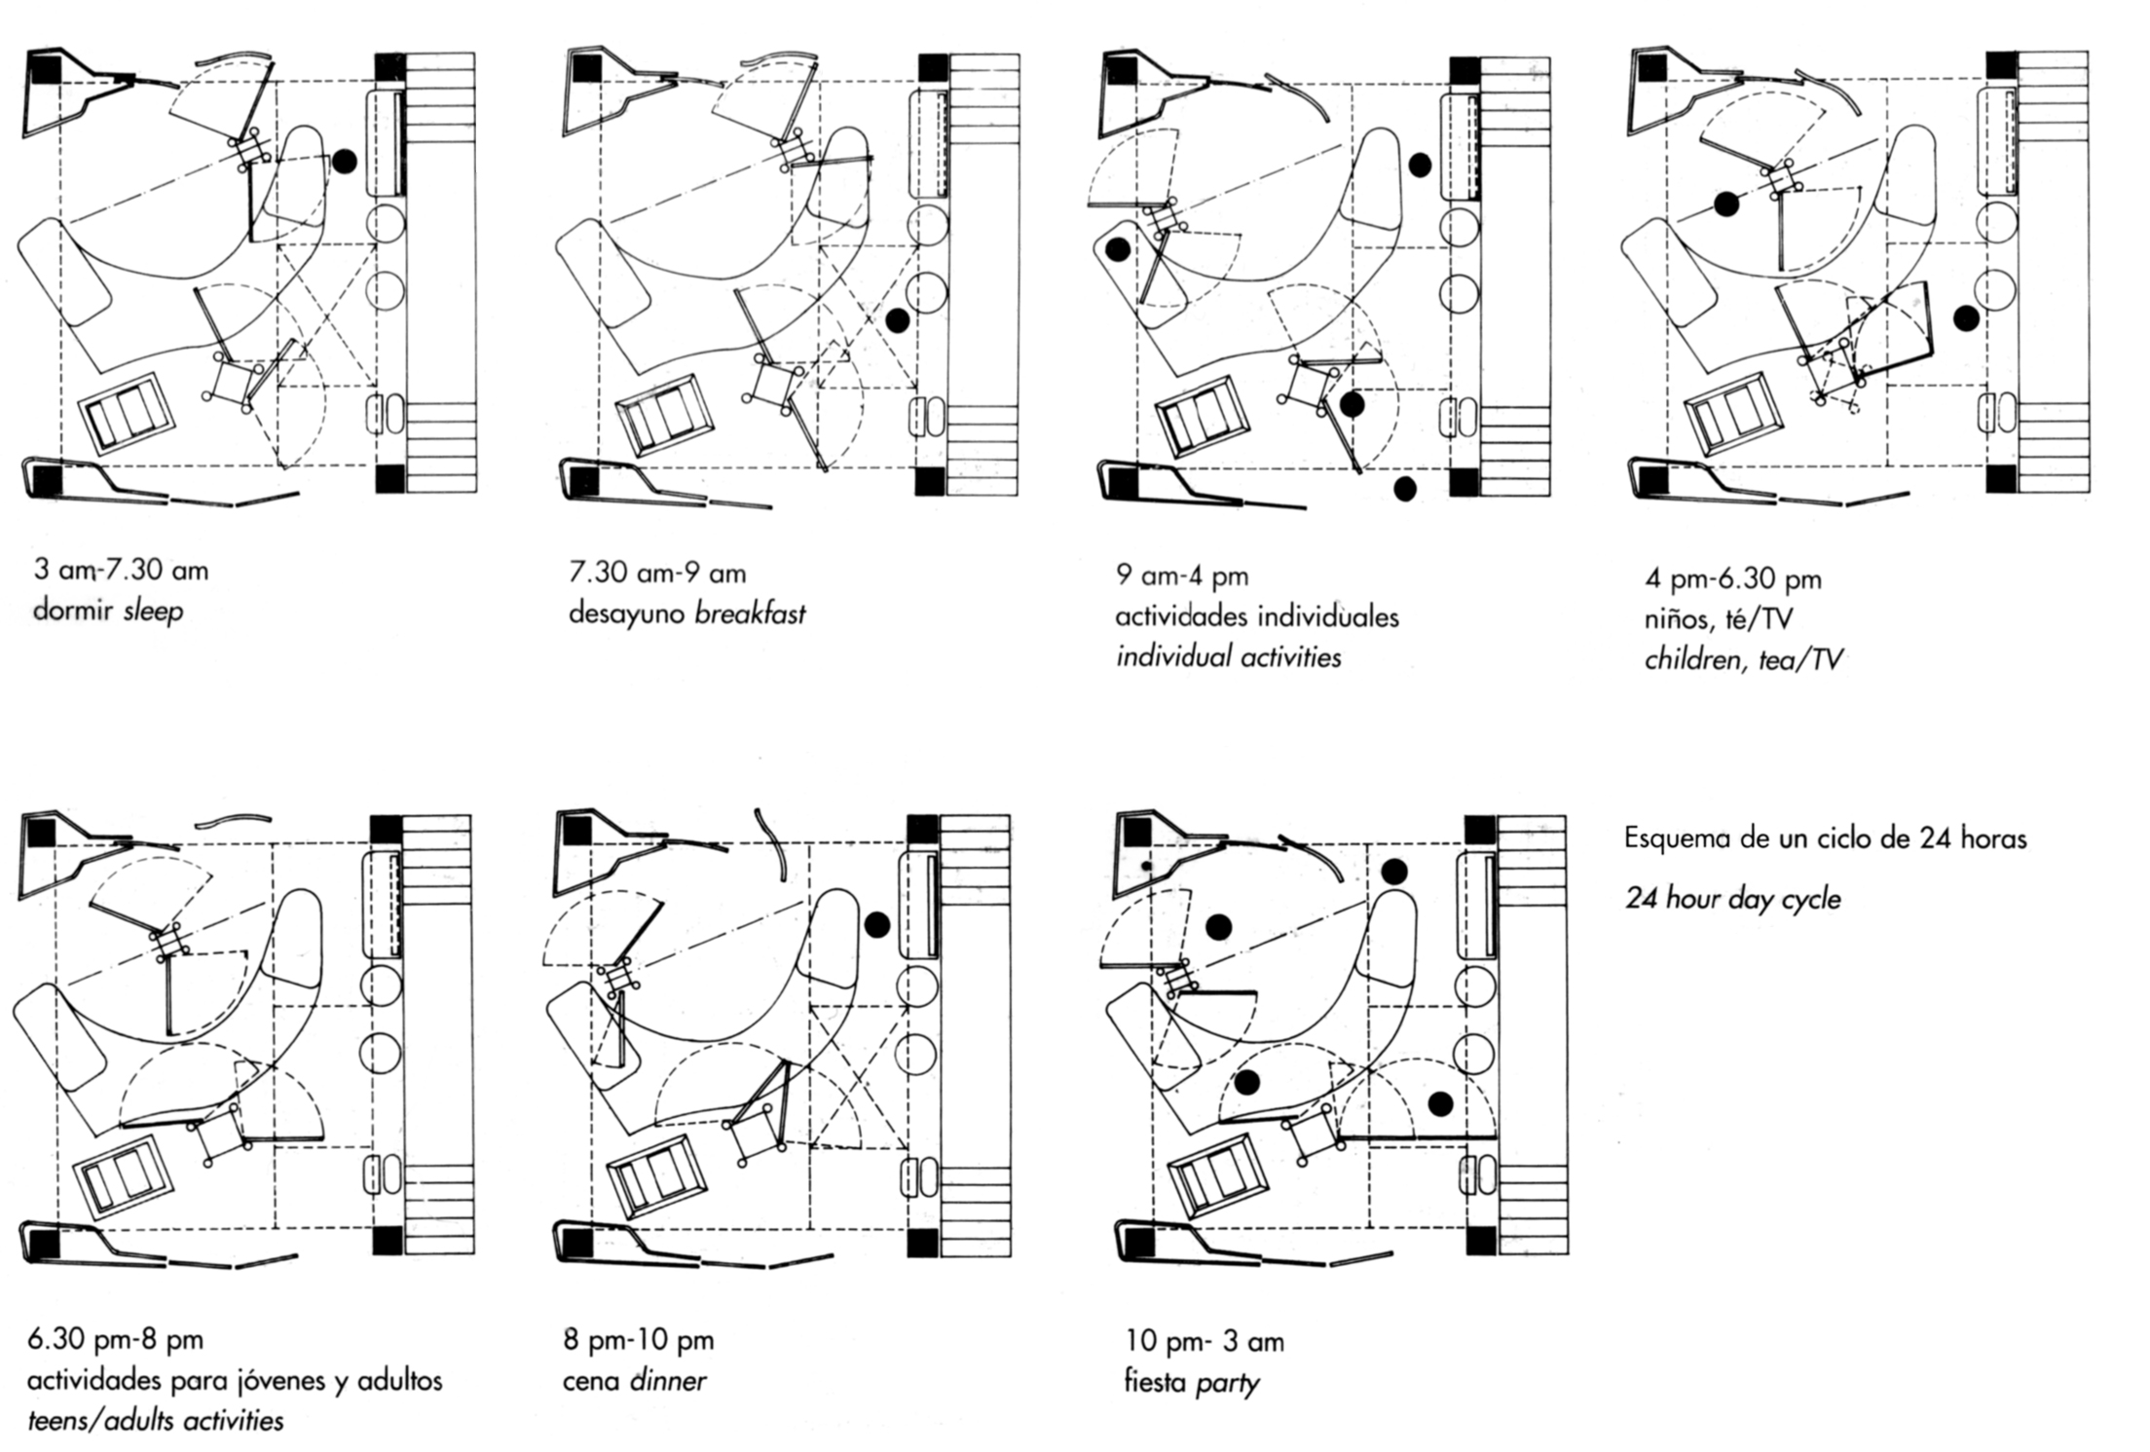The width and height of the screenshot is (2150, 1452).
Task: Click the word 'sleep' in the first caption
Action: [153, 612]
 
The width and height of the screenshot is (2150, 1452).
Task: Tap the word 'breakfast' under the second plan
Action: [750, 614]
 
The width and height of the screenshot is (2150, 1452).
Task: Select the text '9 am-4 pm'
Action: [1181, 576]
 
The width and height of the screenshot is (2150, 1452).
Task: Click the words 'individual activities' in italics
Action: [1228, 657]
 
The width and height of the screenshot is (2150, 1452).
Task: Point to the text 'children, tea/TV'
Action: [1743, 660]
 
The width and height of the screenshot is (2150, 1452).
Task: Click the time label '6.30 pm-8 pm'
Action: [115, 1339]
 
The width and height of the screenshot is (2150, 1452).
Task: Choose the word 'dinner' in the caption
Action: [668, 1381]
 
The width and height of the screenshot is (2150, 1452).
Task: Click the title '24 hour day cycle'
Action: [1732, 898]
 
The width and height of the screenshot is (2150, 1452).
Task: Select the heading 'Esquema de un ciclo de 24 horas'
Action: [1825, 838]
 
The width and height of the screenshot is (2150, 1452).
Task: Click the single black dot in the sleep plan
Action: [344, 161]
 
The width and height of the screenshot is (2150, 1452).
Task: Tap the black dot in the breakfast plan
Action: [898, 318]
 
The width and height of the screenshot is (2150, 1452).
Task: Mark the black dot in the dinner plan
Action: [876, 925]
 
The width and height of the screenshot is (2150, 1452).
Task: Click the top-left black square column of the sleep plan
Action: [45, 69]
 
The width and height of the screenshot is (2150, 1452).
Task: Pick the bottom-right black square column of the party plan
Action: [1480, 1241]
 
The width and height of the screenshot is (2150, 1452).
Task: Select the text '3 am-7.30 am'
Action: [121, 570]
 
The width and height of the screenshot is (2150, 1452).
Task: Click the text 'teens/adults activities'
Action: [156, 1421]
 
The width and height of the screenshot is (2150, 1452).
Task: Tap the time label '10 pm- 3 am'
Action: [1204, 1342]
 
